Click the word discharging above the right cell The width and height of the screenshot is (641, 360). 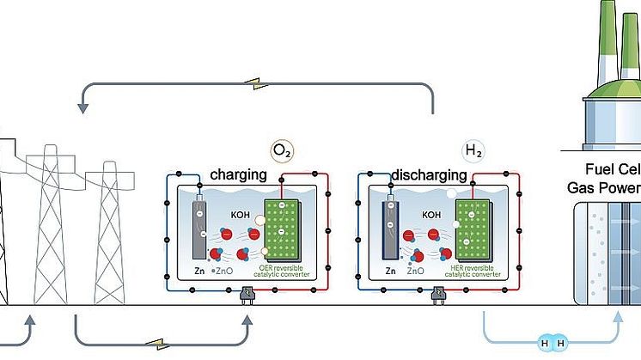click(430, 175)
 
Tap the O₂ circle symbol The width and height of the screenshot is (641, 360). click(282, 152)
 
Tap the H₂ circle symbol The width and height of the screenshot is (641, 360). click(473, 152)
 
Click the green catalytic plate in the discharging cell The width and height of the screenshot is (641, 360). click(473, 230)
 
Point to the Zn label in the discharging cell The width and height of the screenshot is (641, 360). click(390, 270)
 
